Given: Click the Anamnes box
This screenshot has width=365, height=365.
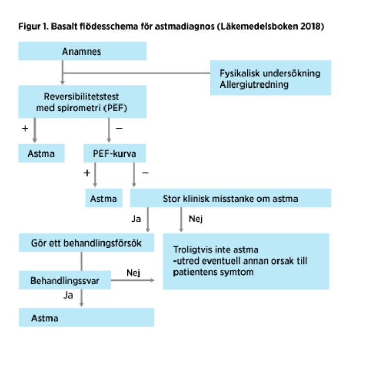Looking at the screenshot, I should coord(82,51).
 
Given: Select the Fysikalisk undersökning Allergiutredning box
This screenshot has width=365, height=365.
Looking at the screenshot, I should coord(270,79).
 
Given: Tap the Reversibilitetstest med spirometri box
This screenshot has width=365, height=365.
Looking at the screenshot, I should coord(82,102).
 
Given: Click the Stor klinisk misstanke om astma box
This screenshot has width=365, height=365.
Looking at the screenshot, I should coord(230,198).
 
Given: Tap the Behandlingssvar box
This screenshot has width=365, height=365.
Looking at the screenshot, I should coord(65,281).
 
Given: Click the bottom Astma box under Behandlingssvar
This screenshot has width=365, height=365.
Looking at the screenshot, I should coord(86,318).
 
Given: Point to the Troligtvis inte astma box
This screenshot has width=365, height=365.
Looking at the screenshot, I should coord(246,262).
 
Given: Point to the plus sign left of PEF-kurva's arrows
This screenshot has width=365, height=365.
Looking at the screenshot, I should coord(86,173).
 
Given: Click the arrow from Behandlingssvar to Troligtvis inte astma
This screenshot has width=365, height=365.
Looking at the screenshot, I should coord(133,281).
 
